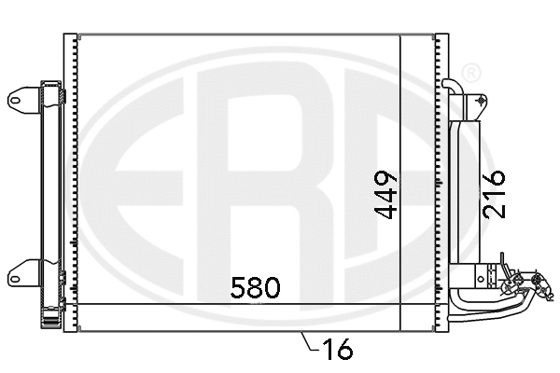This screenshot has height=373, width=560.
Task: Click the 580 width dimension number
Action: (x=255, y=287)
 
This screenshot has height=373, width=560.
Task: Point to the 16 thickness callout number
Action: (x=336, y=351)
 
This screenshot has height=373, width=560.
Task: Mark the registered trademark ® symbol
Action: (x=472, y=72)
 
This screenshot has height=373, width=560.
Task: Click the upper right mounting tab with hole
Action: (x=478, y=99)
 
